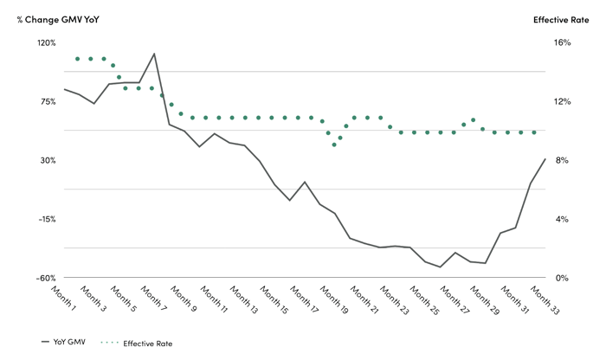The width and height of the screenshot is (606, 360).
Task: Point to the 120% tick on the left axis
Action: point(45,42)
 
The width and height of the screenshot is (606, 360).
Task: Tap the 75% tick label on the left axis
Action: point(47,101)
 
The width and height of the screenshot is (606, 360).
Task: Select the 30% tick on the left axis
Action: point(47,160)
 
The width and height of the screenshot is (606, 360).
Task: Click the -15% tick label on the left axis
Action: point(45,219)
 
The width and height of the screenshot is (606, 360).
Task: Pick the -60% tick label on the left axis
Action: point(45,278)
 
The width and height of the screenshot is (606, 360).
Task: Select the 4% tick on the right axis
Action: point(560,219)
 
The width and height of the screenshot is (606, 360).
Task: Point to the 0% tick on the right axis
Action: point(560,278)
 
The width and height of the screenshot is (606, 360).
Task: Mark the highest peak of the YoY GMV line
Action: point(154,54)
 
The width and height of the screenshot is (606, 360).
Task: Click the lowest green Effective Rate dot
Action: point(334,145)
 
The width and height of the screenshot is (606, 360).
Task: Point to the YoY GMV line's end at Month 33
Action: point(545,158)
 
